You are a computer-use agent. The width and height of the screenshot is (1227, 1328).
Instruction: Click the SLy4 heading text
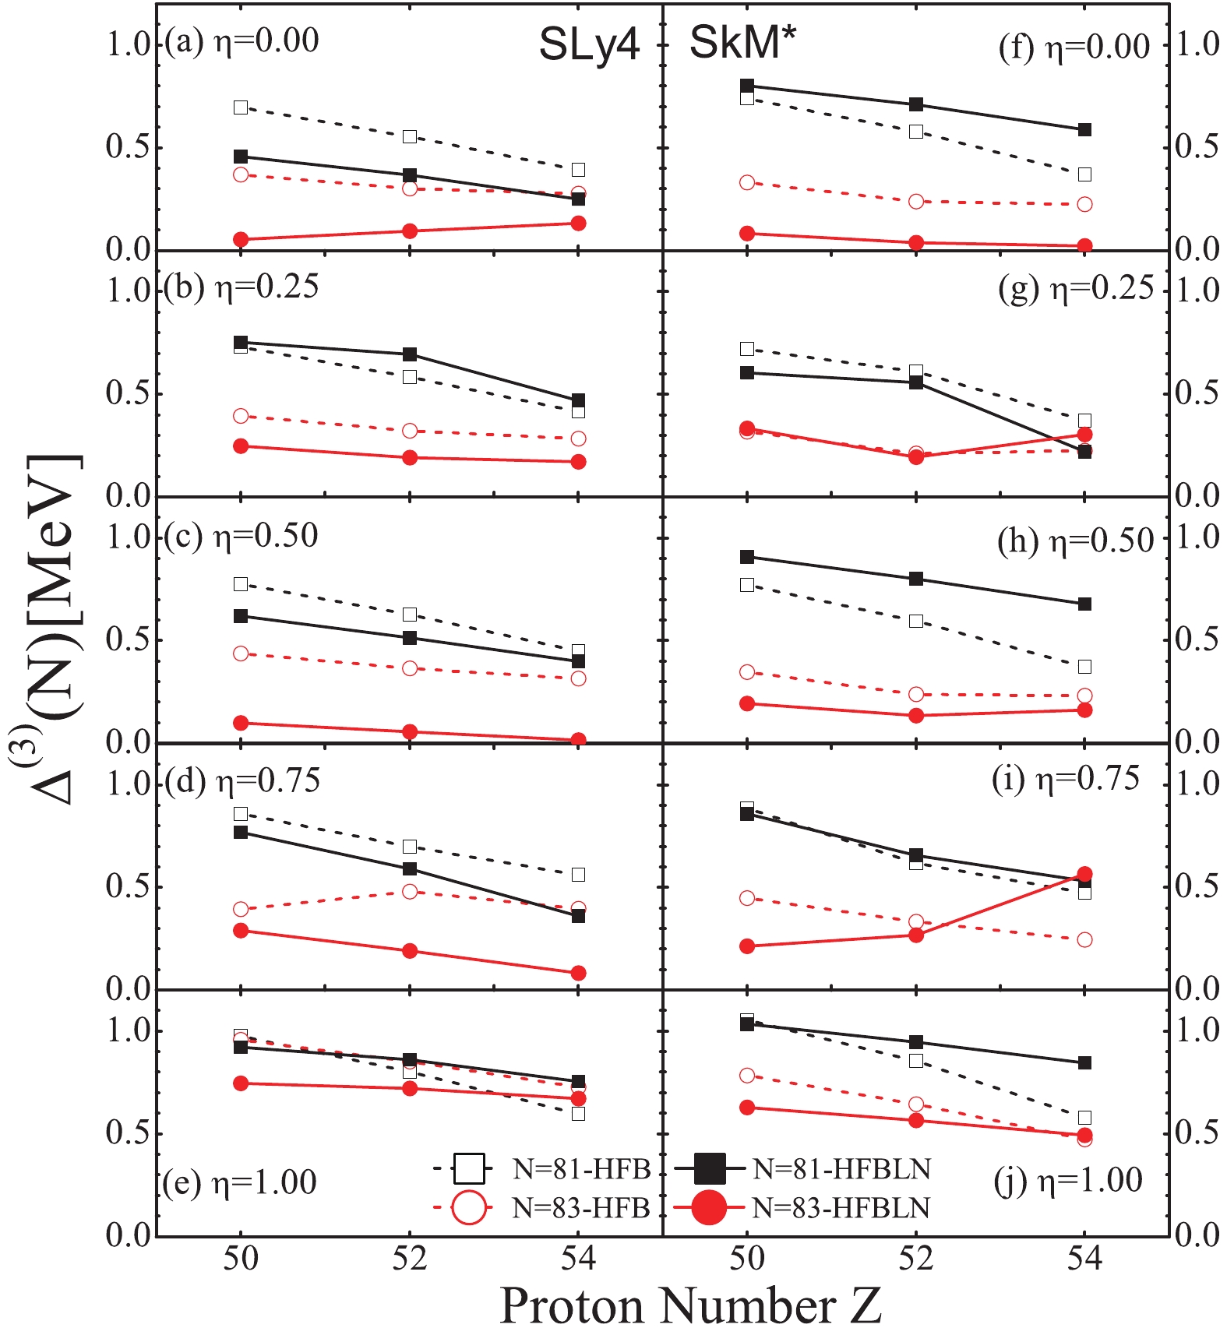tap(589, 44)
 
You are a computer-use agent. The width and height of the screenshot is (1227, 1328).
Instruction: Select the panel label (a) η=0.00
tap(242, 41)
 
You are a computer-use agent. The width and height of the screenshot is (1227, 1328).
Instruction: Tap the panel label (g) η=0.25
tap(1075, 289)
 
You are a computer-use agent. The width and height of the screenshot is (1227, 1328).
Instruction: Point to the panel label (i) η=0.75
tap(1065, 779)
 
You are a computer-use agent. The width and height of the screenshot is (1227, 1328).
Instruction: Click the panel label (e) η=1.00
tap(240, 1182)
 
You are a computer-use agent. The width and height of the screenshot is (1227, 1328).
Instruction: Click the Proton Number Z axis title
tap(690, 1305)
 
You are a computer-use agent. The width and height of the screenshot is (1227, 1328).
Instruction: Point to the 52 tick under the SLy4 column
tap(410, 1259)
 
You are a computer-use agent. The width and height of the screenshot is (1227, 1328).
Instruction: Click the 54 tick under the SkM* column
tap(1084, 1259)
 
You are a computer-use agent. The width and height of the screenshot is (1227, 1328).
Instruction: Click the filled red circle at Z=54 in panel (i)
tap(1084, 874)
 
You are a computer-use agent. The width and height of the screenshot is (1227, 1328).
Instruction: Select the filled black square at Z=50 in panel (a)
tap(241, 157)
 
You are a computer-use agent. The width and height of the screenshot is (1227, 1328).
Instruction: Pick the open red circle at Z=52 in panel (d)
tap(410, 891)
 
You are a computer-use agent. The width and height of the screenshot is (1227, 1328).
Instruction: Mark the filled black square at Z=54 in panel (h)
tap(1084, 604)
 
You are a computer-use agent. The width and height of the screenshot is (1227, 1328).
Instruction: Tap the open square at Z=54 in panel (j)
tap(1084, 1118)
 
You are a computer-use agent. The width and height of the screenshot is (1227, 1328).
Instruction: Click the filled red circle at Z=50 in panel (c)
tap(241, 723)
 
